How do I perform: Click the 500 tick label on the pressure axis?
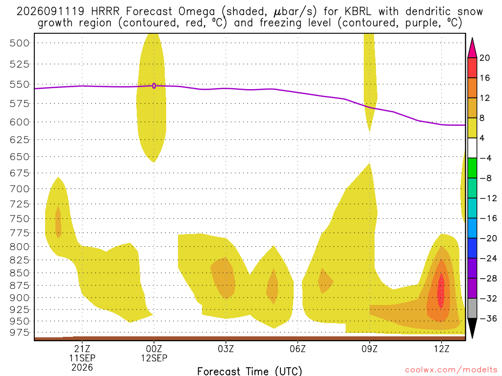point(20,43)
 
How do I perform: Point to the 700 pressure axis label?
point(20,189)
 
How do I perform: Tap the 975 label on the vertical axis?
point(20,332)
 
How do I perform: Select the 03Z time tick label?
point(226,349)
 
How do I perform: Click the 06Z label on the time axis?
point(298,349)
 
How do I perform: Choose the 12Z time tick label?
point(442,349)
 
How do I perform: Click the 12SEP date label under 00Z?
point(154,358)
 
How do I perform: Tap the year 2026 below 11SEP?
point(82,368)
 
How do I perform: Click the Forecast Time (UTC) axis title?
point(250,371)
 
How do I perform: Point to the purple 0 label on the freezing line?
point(154,86)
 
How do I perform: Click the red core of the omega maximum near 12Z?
point(441,290)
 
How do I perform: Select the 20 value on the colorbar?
point(484,58)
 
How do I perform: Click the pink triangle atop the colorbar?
point(472,48)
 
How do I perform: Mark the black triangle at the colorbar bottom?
point(472,328)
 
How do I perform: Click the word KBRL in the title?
point(358,12)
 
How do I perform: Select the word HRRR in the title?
point(105,12)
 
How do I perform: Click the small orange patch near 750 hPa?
point(58,222)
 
